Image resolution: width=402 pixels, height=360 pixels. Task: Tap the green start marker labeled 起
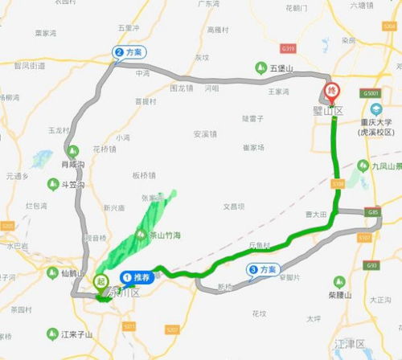tap(100, 282)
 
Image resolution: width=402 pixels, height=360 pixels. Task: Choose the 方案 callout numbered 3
tap(263, 270)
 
